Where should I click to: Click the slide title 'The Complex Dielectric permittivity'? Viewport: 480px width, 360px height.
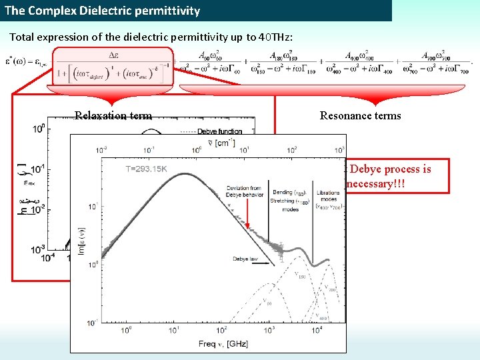tap(102, 11)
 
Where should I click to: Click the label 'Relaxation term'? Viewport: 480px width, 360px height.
tap(113, 116)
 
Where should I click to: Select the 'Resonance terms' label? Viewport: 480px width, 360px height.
tap(360, 116)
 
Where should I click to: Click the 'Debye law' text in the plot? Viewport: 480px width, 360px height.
tap(242, 259)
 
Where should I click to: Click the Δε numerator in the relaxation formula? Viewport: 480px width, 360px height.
tap(113, 55)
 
